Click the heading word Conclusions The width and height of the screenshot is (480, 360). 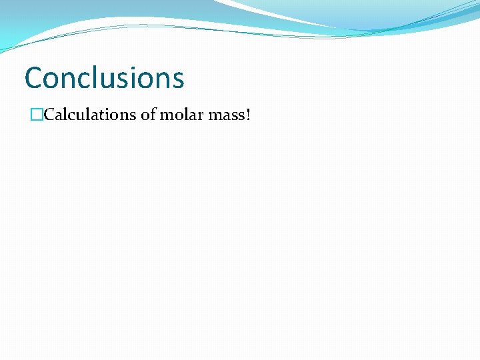pyautogui.click(x=104, y=77)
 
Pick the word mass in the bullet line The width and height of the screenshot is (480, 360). pyautogui.click(x=227, y=115)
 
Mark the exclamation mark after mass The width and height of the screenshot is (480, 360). pyautogui.click(x=249, y=115)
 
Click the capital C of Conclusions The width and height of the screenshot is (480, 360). pyautogui.click(x=33, y=77)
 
